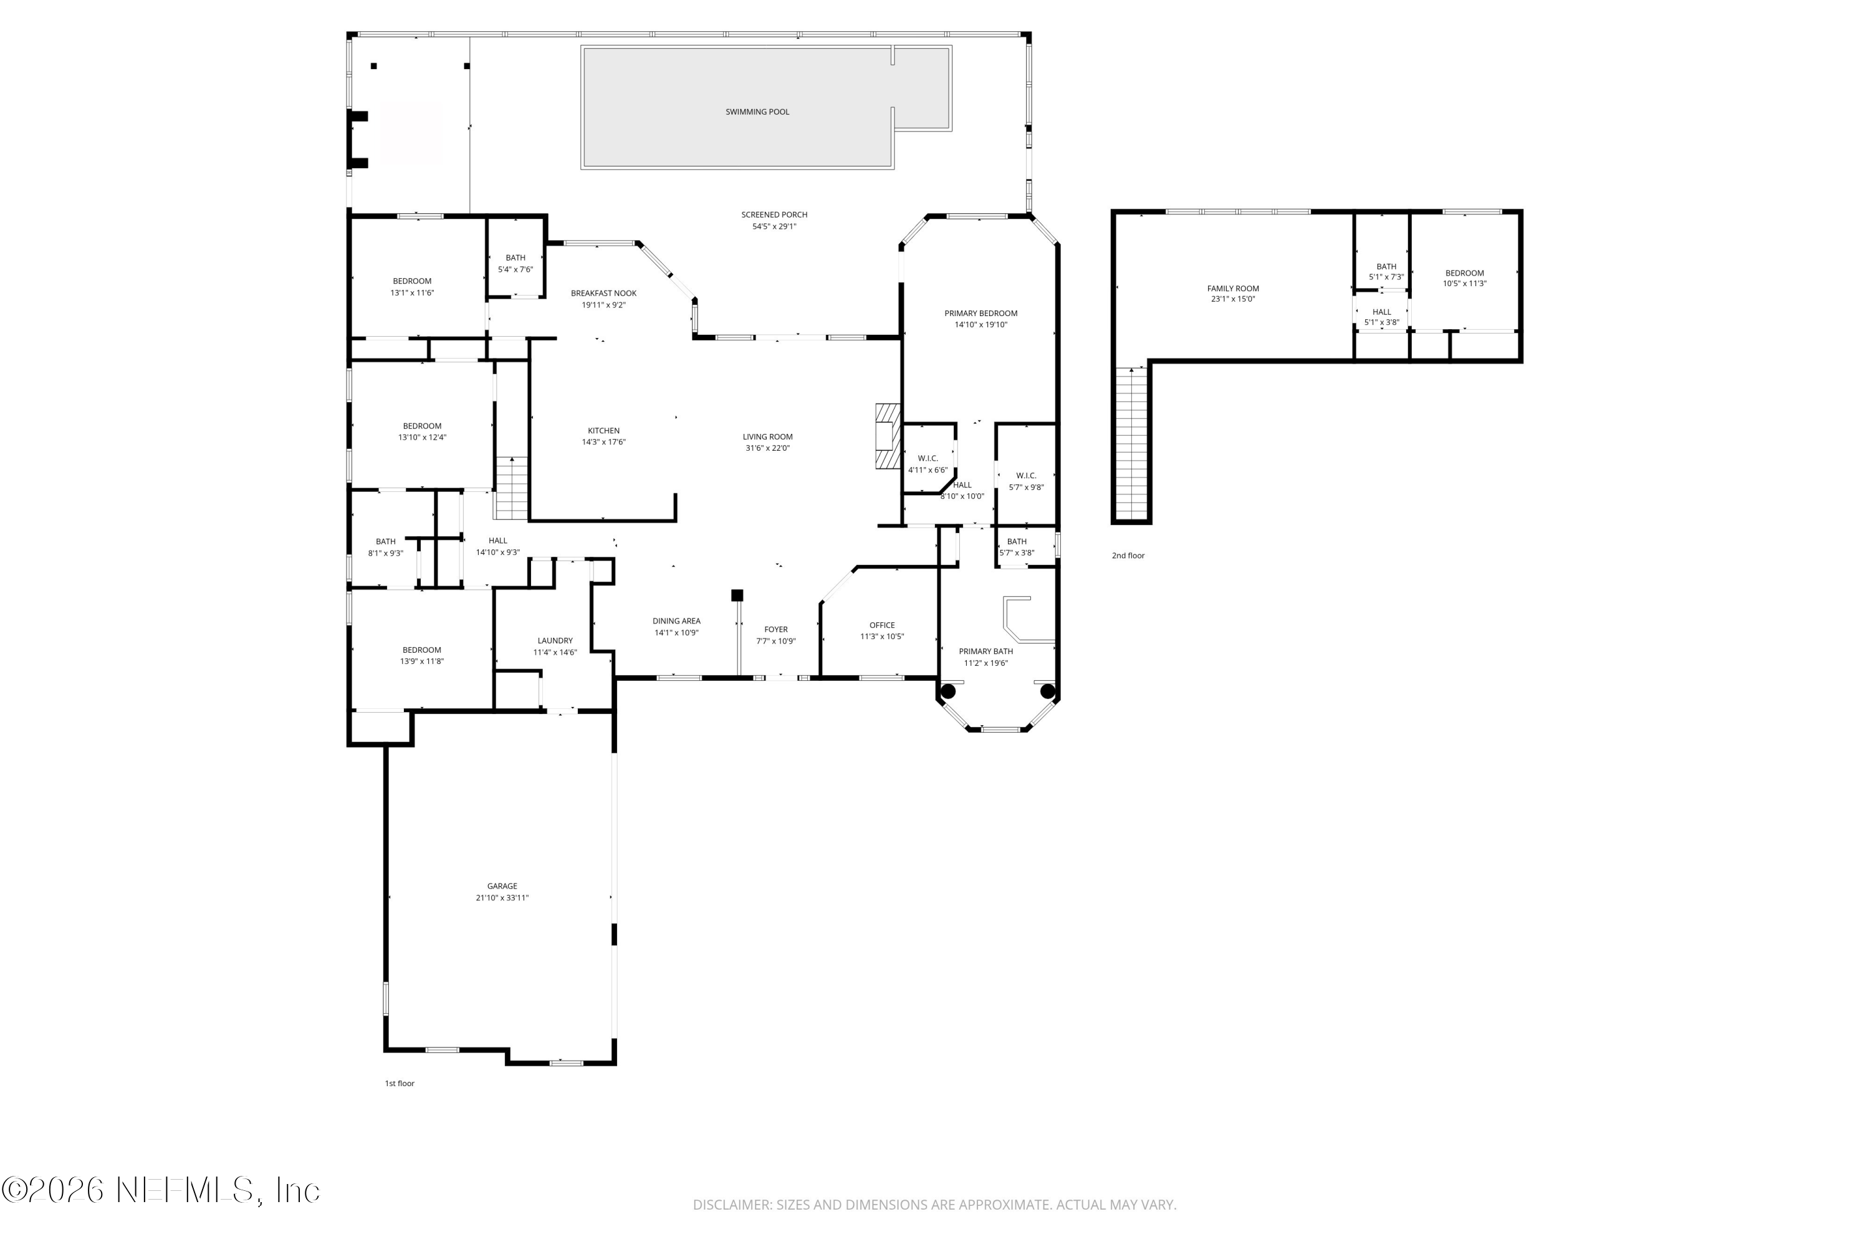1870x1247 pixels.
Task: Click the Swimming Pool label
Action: pos(757,112)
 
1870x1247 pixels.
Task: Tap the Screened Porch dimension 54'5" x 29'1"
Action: pos(774,227)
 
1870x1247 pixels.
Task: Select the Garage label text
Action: pos(502,886)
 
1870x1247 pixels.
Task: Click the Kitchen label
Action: pos(603,431)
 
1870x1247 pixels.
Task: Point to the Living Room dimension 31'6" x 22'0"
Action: pos(767,448)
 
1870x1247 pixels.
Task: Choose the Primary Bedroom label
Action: pos(981,314)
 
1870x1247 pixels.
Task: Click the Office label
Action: pos(882,625)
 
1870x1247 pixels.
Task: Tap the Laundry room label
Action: pos(555,640)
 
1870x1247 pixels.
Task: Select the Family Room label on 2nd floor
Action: pos(1232,289)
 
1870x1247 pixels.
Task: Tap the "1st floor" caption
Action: pos(399,1083)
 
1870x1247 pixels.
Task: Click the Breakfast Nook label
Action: pos(603,294)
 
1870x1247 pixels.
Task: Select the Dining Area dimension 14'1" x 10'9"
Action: pos(676,633)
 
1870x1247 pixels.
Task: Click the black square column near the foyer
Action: pos(737,595)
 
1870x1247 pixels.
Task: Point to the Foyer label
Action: pos(775,629)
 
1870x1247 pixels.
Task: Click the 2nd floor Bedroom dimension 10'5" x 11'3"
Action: pos(1464,284)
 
